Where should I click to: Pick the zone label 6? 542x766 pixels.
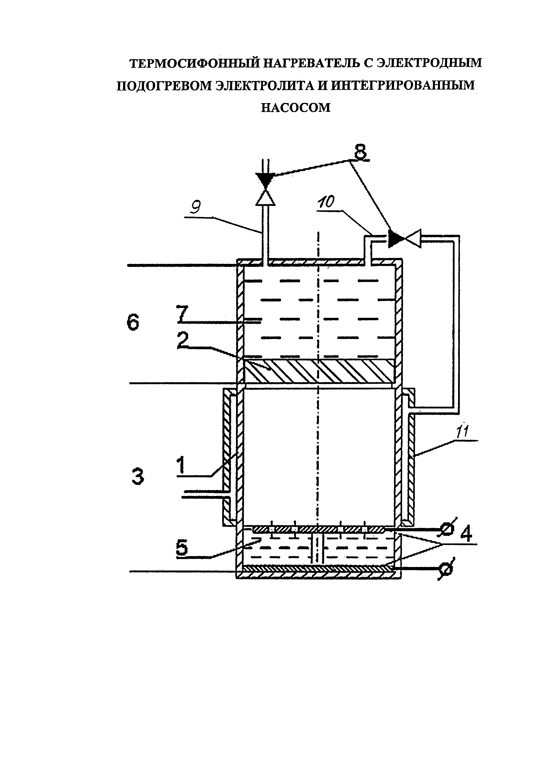tap(133, 323)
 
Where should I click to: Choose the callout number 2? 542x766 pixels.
tap(183, 341)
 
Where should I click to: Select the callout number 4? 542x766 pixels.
tap(466, 534)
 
